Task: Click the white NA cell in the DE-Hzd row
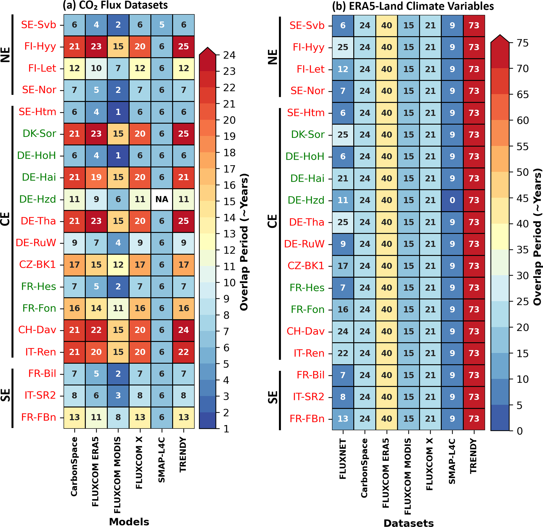pos(162,199)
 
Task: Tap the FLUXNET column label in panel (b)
pos(343,458)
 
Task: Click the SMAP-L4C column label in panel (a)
pos(162,460)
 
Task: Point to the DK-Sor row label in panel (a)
pos(39,133)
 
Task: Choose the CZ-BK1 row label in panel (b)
pos(306,266)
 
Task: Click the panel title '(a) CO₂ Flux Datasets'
pos(115,5)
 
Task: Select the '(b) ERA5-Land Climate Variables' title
pos(413,6)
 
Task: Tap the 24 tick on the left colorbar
pos(229,55)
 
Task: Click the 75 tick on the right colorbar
pos(523,43)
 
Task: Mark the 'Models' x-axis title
pos(129,521)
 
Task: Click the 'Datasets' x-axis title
pos(409,523)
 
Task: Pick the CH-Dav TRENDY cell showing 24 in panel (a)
pos(183,330)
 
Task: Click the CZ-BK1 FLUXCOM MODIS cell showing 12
pos(118,265)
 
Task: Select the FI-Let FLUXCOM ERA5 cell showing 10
pos(96,68)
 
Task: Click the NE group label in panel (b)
pos(273,57)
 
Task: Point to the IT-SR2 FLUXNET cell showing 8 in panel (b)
pos(343,397)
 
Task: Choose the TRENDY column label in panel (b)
pos(473,456)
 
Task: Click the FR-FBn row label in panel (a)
pos(39,417)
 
